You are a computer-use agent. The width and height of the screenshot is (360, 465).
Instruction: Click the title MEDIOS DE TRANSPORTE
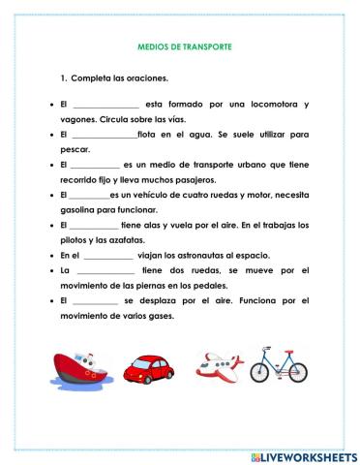point(179,46)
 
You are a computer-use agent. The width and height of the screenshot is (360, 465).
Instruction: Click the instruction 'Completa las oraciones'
point(117,77)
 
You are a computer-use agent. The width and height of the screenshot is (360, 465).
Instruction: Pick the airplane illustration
point(219,366)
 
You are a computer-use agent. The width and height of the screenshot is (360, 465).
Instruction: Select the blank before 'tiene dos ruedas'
point(105,271)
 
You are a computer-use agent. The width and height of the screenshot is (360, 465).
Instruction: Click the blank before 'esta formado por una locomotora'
point(105,105)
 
